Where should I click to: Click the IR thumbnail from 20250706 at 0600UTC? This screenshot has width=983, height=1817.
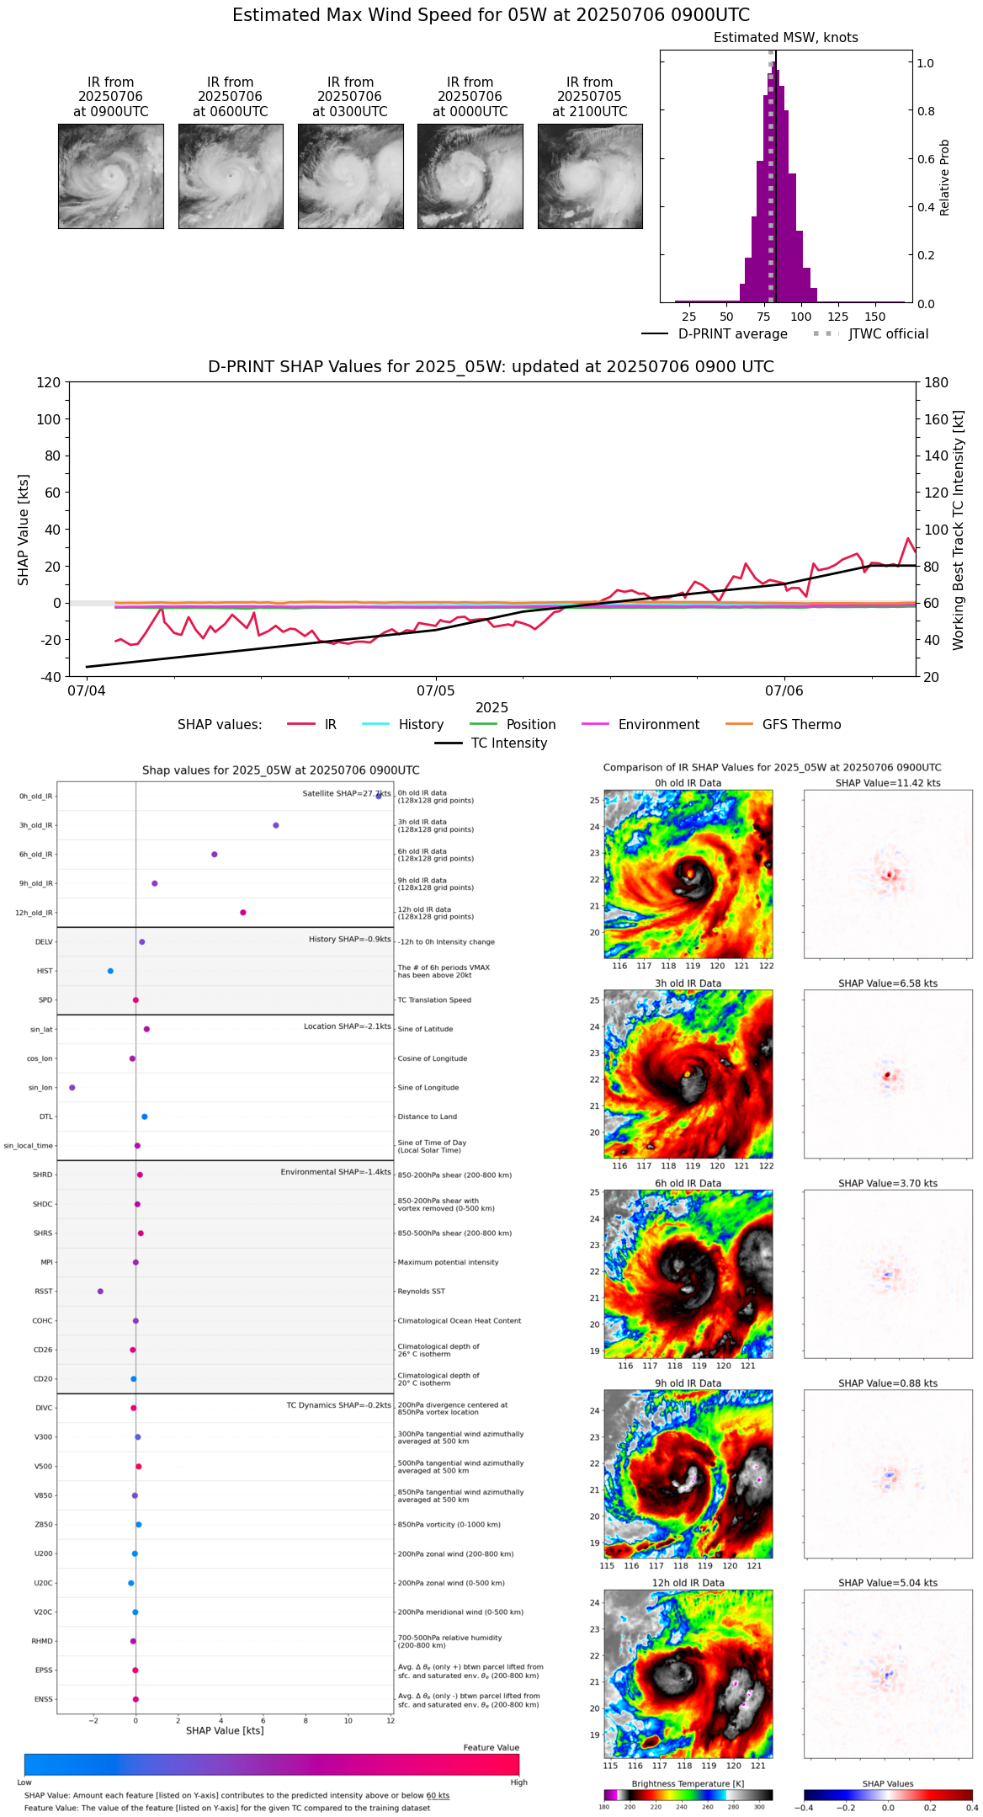point(231,176)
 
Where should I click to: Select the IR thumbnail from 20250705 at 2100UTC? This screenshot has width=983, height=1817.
point(590,176)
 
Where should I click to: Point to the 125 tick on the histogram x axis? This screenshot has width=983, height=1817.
point(837,317)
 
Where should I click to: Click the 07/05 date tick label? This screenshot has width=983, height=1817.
point(436,691)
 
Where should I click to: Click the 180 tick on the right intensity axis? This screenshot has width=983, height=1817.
point(937,382)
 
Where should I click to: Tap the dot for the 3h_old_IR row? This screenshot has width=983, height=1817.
point(276,825)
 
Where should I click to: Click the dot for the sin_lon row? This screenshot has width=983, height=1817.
point(72,1088)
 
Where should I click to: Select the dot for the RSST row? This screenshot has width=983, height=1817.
point(100,1292)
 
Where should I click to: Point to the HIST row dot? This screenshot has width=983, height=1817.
point(110,971)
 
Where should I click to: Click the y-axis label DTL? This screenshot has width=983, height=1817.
point(45,1117)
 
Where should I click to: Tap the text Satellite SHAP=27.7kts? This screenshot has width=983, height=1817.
point(346,794)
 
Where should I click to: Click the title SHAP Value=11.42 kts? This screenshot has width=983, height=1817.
point(888,783)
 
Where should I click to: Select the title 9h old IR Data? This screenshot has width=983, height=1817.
point(688,1383)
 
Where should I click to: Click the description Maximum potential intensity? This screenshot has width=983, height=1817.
point(448,1262)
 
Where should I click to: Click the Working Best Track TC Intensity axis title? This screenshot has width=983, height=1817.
point(959,530)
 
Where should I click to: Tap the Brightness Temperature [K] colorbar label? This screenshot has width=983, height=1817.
point(688,1783)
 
